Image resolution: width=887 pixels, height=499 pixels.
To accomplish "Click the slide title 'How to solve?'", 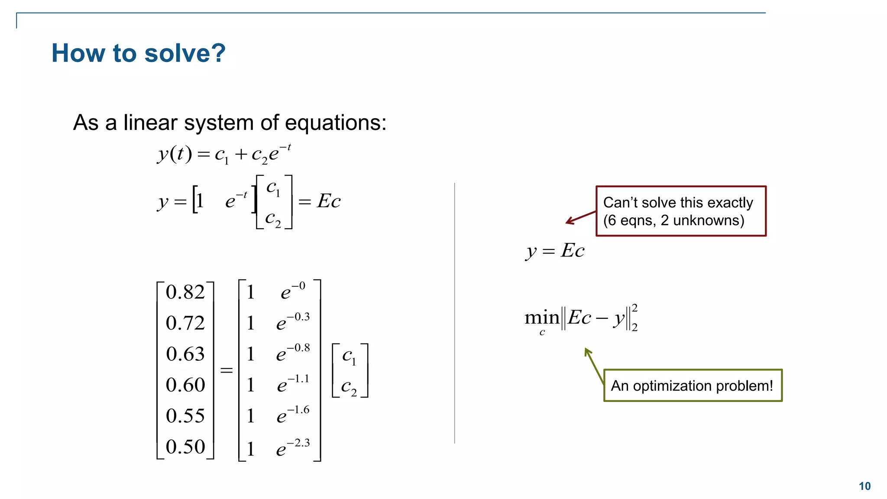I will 139,53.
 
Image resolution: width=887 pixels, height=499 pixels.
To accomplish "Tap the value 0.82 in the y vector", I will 185,292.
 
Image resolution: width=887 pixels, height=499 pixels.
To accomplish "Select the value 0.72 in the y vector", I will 185,323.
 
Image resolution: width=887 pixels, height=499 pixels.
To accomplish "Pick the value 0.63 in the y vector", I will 185,354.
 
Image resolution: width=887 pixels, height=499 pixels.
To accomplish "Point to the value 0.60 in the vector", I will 185,385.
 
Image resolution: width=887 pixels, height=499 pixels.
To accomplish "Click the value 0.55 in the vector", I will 185,416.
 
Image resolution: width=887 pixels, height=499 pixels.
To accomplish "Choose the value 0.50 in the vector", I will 185,447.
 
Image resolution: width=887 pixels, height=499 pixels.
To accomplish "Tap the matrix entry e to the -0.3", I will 293,322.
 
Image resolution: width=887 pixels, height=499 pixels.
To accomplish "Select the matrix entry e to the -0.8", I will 293,353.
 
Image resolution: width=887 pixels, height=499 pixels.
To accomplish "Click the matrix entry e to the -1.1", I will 293,384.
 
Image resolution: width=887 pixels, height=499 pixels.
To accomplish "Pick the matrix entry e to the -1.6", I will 293,415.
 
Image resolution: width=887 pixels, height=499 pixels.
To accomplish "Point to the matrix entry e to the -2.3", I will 293,447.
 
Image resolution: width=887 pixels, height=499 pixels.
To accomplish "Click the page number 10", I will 864,486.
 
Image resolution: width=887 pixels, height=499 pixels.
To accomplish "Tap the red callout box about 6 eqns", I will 681,211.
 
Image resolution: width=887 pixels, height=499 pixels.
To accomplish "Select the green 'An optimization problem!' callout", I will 693,386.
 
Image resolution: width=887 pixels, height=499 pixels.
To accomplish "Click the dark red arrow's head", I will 568,222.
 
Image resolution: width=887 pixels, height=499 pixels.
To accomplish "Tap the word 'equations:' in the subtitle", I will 336,123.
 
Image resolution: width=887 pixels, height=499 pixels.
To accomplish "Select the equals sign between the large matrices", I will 227,370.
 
